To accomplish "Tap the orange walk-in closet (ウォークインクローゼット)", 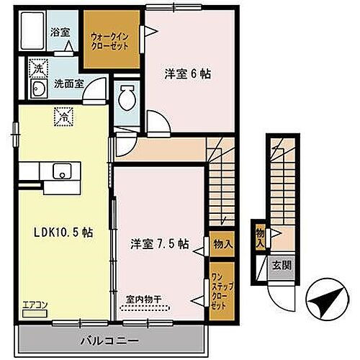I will point(110,40).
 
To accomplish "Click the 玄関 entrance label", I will point(280,264).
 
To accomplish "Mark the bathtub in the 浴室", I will point(32,31).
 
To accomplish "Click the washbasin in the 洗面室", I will point(37,89).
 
